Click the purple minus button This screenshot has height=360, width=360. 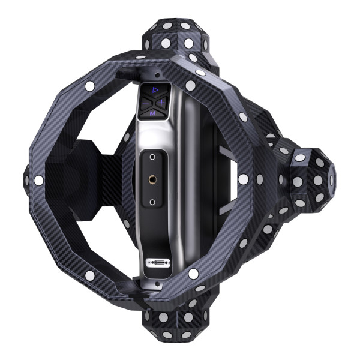coord(145,103)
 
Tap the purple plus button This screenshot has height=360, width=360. coord(161,103)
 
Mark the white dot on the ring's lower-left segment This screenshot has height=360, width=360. coord(89,275)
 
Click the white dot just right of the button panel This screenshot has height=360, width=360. coord(190,86)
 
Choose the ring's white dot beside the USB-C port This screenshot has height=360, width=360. coord(193,274)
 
